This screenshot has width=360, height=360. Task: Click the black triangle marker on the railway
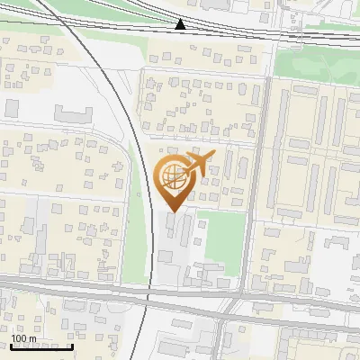pos(181,24)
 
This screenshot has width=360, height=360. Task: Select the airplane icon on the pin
pos(197,165)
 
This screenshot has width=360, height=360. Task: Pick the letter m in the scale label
pos(32,338)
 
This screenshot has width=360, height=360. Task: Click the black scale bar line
pos(41,346)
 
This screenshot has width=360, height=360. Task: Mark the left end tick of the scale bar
pos(12,344)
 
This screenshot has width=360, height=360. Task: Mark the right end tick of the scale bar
pos(71,344)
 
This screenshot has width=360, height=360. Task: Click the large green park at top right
pos(315,63)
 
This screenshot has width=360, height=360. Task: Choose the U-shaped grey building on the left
pos(73,115)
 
